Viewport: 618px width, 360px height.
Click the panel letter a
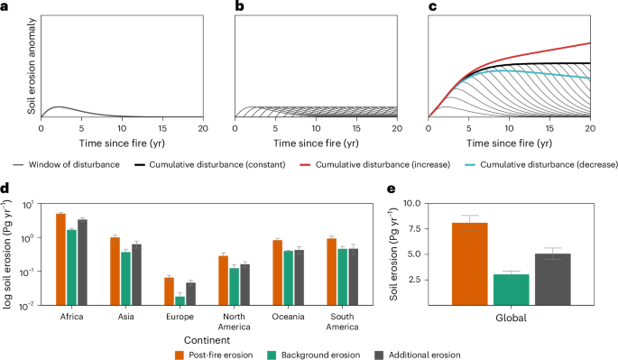(x=5, y=7)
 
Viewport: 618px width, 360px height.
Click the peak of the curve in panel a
(x=59, y=107)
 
